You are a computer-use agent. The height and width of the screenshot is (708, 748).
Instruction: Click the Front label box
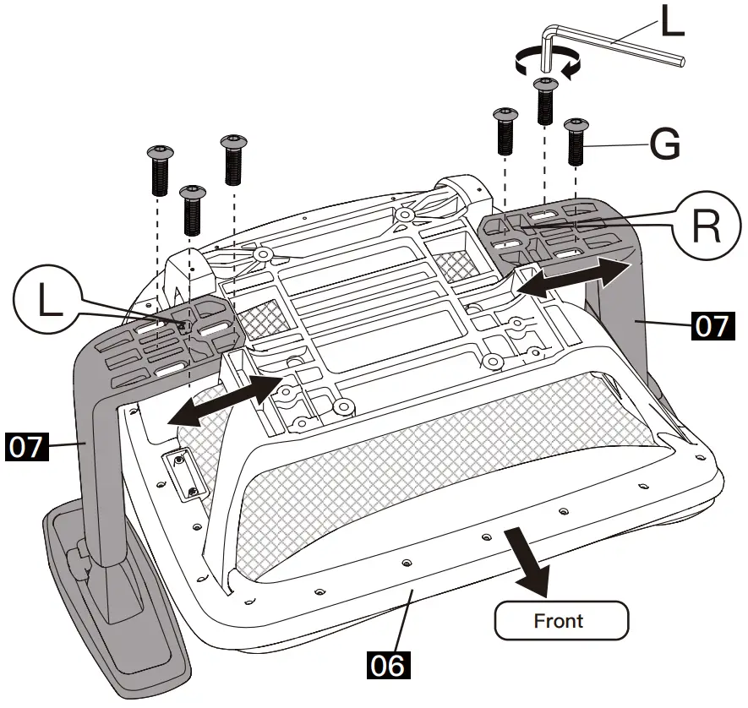point(561,620)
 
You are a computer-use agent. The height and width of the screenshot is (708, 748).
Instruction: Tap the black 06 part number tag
point(388,665)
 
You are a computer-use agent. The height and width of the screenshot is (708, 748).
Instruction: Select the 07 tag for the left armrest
point(27,447)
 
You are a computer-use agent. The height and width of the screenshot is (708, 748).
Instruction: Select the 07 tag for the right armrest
point(713,326)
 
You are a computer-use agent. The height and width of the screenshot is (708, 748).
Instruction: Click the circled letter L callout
point(46,298)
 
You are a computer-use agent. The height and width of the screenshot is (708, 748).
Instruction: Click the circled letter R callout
point(706,226)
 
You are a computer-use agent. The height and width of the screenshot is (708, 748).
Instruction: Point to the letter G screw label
point(665,144)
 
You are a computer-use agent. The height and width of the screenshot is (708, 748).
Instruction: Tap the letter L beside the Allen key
point(673,21)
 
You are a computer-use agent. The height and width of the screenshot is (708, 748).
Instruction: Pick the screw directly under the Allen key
point(546,101)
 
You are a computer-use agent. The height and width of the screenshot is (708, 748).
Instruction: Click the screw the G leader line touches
point(576,142)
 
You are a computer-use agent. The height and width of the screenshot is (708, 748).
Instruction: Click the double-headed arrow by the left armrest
point(225,400)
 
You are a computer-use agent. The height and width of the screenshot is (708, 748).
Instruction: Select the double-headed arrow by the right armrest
point(574,277)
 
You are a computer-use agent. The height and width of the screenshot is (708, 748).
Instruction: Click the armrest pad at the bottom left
point(116,596)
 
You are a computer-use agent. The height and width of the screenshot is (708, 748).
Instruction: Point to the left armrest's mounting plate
point(167,340)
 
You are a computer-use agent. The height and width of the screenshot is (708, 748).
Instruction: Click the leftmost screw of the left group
point(161,170)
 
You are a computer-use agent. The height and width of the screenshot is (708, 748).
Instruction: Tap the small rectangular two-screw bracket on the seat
point(185,475)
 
